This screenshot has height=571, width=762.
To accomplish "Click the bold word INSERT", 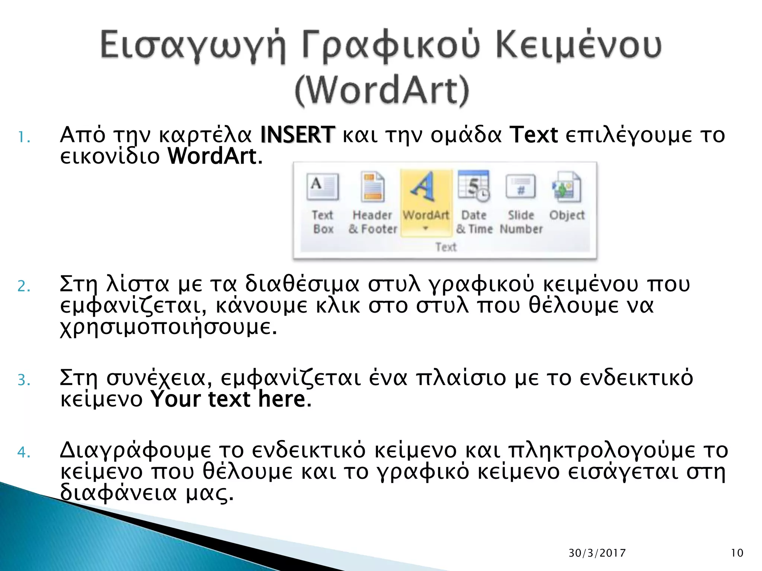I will coord(297,135).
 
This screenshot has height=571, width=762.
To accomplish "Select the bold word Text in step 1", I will coord(534,135).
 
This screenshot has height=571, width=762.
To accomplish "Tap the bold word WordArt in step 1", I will coord(212,156).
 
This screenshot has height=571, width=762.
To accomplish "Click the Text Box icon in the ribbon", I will coord(323,187).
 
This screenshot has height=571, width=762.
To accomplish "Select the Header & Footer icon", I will coord(373,187).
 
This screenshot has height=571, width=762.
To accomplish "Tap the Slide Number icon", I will coord(521,187).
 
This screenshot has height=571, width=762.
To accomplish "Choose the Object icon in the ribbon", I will coord(566,187).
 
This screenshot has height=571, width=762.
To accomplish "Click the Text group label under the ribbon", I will coord(446,247).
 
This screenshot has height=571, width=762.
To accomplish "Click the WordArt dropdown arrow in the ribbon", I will coord(426,228).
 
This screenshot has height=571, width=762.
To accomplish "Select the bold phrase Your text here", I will coord(228,399).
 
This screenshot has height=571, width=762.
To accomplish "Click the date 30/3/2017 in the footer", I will coord(597,553).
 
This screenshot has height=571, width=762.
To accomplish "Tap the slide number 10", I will coord(737,553).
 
